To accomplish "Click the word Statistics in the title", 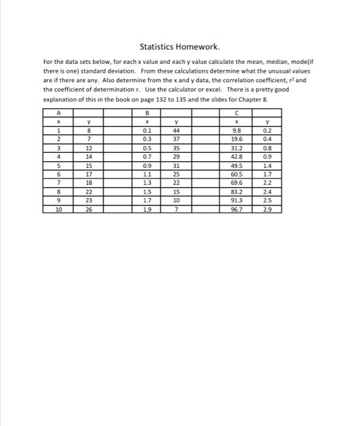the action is (157, 46).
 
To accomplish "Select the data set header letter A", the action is (58, 113).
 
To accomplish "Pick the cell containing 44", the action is (175, 130).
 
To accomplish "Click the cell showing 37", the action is (175, 138).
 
